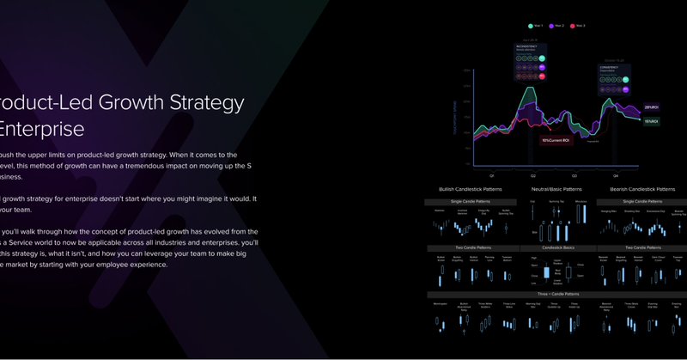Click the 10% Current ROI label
pos(556,140)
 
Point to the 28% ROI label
pos(650,107)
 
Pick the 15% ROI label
pos(650,121)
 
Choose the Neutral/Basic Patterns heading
pos(556,189)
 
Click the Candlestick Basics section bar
pos(556,247)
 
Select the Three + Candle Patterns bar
pos(556,294)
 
